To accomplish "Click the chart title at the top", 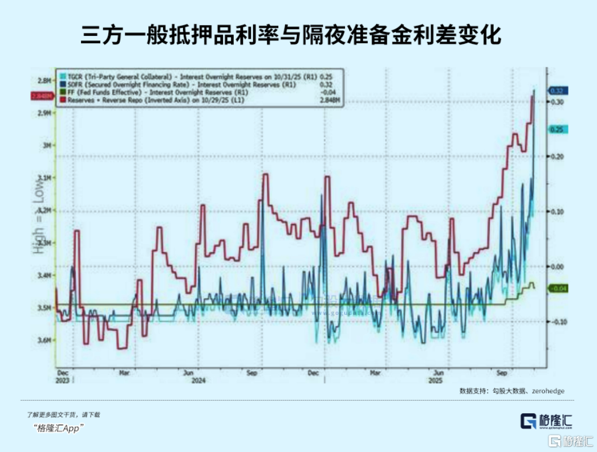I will point(291,35).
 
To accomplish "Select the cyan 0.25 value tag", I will point(556,130).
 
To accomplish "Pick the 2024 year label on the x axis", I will point(198,380).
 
